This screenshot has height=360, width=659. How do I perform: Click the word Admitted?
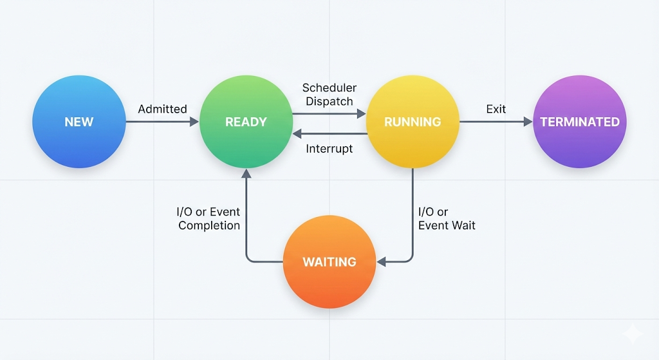162,109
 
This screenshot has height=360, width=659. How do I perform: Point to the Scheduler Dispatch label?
329,94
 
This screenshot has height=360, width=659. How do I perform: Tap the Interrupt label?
329,149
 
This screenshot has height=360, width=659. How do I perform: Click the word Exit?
496,109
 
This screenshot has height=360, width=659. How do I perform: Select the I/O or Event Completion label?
209,218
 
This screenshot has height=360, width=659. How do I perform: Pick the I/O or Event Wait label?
446,218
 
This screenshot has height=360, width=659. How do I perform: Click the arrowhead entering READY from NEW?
194,122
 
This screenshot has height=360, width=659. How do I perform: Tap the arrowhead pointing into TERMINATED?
528,122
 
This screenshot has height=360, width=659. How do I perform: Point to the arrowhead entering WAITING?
381,262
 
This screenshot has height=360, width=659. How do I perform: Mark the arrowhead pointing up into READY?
246,173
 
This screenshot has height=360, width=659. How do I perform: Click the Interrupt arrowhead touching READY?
297,134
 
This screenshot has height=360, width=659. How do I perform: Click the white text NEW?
79,122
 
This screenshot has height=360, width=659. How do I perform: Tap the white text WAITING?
329,262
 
